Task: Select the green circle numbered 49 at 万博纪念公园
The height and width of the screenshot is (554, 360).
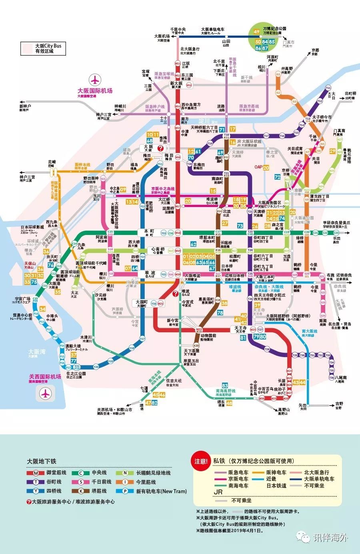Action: (x=256, y=32)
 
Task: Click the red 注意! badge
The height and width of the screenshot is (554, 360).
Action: (x=201, y=462)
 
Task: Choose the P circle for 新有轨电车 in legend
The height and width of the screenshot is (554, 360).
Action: (x=125, y=491)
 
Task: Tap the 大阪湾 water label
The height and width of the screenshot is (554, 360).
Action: (x=37, y=352)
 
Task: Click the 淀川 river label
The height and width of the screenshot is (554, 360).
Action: (x=204, y=121)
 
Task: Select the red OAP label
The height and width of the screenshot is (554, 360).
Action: (x=258, y=167)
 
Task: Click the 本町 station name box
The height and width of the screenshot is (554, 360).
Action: (x=149, y=232)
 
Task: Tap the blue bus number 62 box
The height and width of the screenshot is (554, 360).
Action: (x=194, y=244)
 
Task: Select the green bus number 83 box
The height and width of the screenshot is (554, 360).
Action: (x=225, y=385)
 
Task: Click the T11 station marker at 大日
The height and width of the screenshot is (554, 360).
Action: (x=328, y=88)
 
